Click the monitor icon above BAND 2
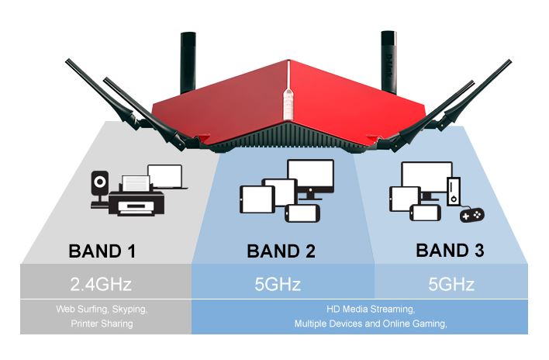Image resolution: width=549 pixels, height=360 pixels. [x=310, y=177]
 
